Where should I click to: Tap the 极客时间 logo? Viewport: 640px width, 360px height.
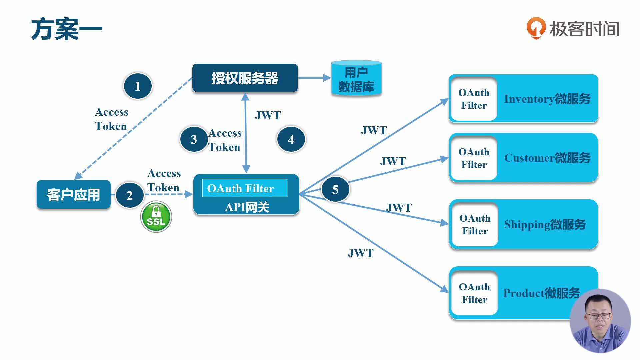(x=573, y=28)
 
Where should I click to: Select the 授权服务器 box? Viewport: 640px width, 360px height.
(x=245, y=78)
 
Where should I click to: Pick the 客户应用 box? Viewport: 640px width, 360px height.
(x=73, y=195)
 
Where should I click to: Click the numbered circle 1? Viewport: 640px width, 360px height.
(x=138, y=86)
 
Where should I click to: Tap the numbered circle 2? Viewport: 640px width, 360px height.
(x=130, y=195)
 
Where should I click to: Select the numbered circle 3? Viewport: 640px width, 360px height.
(x=194, y=139)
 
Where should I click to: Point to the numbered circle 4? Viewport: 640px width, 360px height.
(x=291, y=139)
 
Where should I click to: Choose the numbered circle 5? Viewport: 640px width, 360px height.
(x=335, y=189)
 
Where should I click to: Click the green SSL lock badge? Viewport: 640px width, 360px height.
(x=156, y=217)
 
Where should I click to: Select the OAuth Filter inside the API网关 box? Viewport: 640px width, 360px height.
(x=245, y=188)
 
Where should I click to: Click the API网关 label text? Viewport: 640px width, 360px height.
(x=247, y=207)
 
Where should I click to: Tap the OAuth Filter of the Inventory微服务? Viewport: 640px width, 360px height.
(x=474, y=99)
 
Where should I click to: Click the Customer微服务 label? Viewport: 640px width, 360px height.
(x=547, y=158)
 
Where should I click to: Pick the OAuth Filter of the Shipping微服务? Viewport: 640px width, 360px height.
(x=475, y=224)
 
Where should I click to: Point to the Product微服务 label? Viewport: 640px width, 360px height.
(x=541, y=293)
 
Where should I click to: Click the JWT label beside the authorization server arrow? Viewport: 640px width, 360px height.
(x=268, y=115)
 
